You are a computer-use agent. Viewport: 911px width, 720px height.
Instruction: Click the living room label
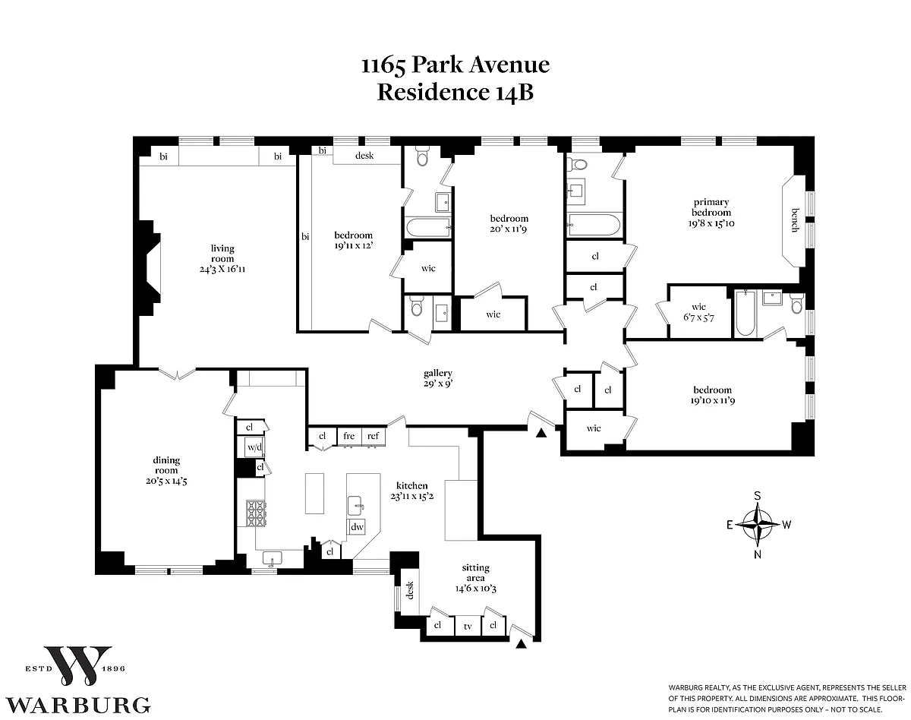coord(222,253)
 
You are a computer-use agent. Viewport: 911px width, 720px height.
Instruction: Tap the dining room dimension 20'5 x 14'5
coord(166,481)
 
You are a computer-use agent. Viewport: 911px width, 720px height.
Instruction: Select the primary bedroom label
coord(711,207)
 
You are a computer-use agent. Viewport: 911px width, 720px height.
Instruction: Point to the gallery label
coord(438,373)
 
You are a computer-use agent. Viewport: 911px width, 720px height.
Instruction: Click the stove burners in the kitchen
coord(256,513)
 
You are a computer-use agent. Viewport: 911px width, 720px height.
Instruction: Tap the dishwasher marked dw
coord(357,526)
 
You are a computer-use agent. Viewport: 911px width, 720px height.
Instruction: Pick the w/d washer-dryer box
coord(254,447)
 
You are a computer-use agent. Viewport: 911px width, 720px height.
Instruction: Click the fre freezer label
coord(348,436)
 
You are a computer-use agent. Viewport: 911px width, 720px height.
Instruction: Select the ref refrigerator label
coord(373,436)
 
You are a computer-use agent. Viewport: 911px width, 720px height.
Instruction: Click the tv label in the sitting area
coord(468,627)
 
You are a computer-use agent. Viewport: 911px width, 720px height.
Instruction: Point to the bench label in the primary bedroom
coord(795,220)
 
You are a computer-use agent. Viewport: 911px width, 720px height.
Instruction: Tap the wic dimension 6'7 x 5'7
coord(698,317)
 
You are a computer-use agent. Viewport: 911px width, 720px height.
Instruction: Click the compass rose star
coord(758,525)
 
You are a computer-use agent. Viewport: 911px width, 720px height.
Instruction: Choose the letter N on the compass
coord(758,554)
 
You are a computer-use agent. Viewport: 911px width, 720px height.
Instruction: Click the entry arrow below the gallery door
coord(541,433)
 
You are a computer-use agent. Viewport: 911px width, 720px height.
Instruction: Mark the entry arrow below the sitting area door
coord(521,644)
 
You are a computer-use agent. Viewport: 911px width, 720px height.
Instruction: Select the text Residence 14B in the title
coord(455,93)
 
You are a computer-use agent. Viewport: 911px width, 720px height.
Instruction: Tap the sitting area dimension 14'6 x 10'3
coord(476,589)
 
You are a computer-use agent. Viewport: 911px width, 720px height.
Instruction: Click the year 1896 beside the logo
coord(113,669)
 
